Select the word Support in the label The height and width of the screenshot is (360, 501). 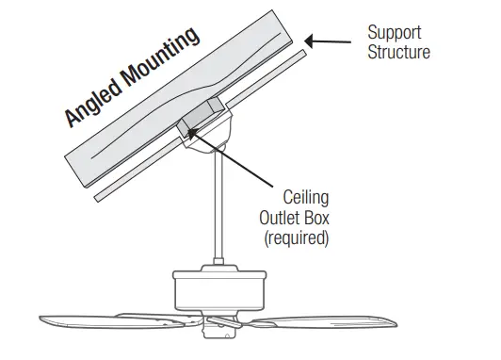coord(395,33)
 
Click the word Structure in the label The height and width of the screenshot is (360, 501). coord(398,52)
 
